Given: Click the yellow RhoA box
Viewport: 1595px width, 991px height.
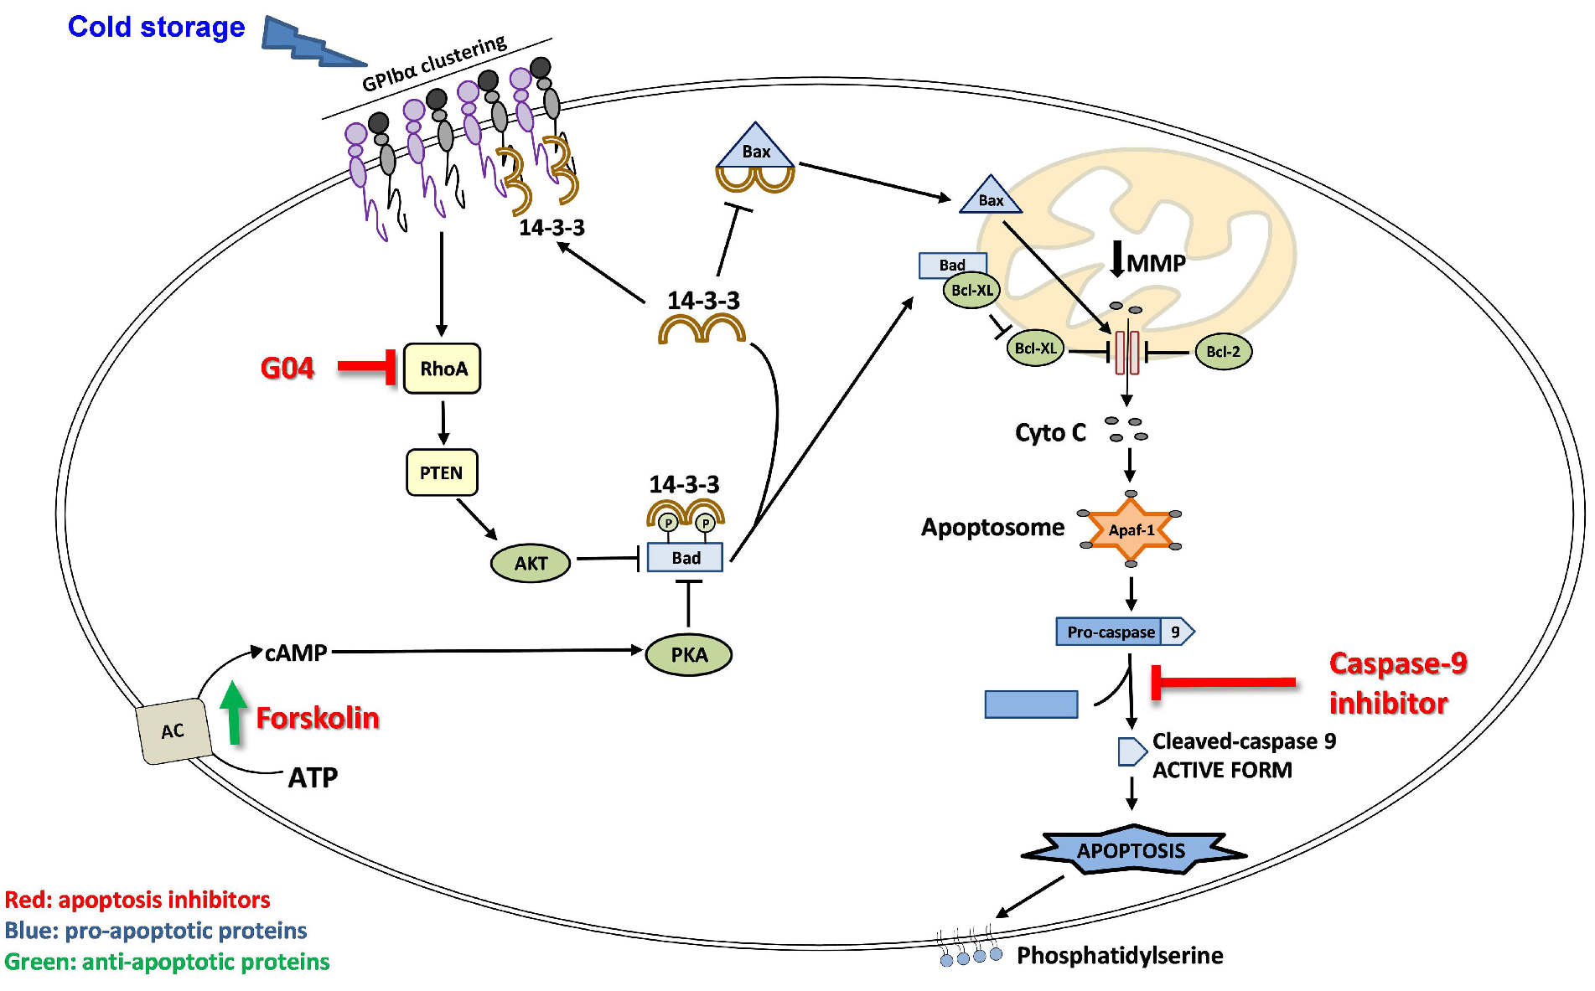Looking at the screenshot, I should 442,369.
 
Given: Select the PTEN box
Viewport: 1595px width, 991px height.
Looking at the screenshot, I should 441,472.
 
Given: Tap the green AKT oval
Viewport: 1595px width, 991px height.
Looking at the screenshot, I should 531,563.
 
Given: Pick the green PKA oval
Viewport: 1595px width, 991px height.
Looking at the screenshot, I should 689,655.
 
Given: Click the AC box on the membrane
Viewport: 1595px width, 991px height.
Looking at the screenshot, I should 173,731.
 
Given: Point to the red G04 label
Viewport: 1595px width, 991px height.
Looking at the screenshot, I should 287,368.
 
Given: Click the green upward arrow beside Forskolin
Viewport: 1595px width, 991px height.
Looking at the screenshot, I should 234,712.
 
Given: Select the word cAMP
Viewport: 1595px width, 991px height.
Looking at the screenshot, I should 296,653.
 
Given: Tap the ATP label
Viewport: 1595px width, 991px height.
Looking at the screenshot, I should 313,777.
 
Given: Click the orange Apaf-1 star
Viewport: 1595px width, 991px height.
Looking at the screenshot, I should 1131,529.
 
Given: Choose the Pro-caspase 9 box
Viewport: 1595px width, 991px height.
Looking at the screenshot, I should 1124,632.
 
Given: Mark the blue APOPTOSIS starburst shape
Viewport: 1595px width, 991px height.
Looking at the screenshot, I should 1131,851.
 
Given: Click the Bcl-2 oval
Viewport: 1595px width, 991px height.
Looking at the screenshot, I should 1223,352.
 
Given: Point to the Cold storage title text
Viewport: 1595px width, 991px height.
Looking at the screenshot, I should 157,27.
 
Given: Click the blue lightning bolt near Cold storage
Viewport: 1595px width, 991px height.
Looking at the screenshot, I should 310,42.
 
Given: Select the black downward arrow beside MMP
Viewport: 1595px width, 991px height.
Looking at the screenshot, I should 1116,259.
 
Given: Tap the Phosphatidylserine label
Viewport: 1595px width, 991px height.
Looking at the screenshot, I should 1120,955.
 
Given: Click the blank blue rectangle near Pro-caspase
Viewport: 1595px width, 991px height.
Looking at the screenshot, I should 1031,705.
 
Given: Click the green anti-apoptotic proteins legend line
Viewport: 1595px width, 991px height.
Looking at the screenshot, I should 167,962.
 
